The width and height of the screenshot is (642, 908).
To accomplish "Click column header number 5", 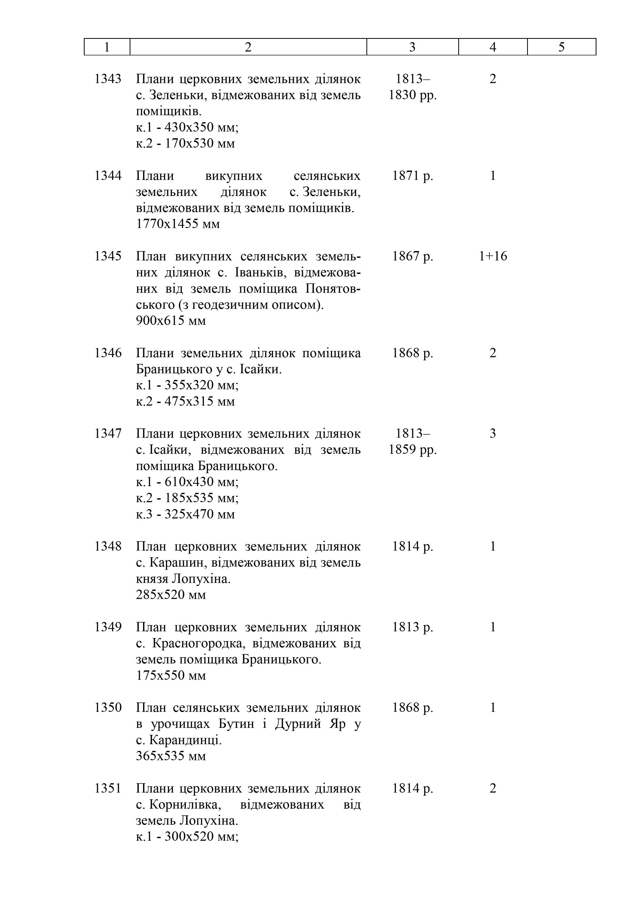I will (561, 47).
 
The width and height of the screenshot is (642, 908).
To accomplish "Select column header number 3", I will (412, 47).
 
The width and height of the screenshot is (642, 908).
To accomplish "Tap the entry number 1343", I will (108, 79).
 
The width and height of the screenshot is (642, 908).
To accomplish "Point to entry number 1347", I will (108, 434).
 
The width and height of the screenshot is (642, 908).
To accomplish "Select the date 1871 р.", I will (412, 175).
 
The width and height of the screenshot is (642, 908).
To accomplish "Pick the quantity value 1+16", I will (493, 256).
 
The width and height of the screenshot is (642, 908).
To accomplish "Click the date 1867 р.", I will (412, 256).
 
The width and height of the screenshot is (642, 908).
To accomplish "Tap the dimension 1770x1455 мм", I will (178, 224).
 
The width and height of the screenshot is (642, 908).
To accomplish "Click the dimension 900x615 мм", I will (171, 320).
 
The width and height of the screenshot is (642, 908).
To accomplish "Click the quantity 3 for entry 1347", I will (493, 434).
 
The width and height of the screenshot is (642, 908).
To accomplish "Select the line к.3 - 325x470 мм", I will (185, 514).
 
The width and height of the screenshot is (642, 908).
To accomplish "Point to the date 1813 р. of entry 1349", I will (412, 627).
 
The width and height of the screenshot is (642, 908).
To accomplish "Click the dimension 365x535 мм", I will (171, 756).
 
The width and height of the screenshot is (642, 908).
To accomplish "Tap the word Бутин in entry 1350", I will (236, 724).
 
